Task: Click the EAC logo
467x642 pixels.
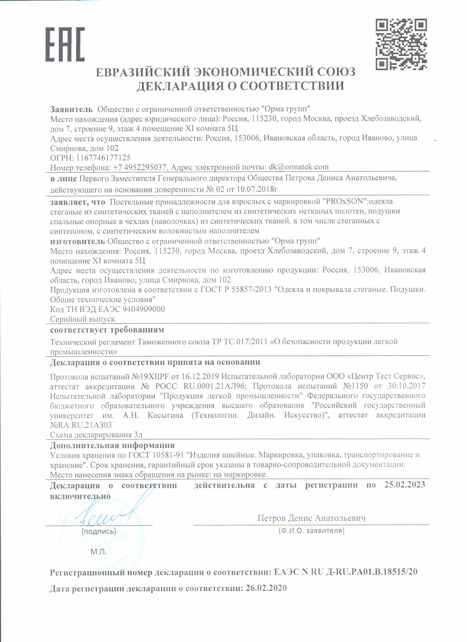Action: pyautogui.click(x=65, y=44)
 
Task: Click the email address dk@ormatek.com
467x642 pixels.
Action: pyautogui.click(x=299, y=167)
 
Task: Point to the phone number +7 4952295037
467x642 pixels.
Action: pyautogui.click(x=139, y=167)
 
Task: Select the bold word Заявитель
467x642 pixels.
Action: pyautogui.click(x=71, y=109)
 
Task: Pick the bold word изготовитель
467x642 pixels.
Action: pyautogui.click(x=77, y=241)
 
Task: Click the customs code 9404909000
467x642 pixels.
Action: pyautogui.click(x=144, y=309)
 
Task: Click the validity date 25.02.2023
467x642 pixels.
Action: pyautogui.click(x=405, y=485)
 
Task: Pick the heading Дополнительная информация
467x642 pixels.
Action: pyautogui.click(x=112, y=445)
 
